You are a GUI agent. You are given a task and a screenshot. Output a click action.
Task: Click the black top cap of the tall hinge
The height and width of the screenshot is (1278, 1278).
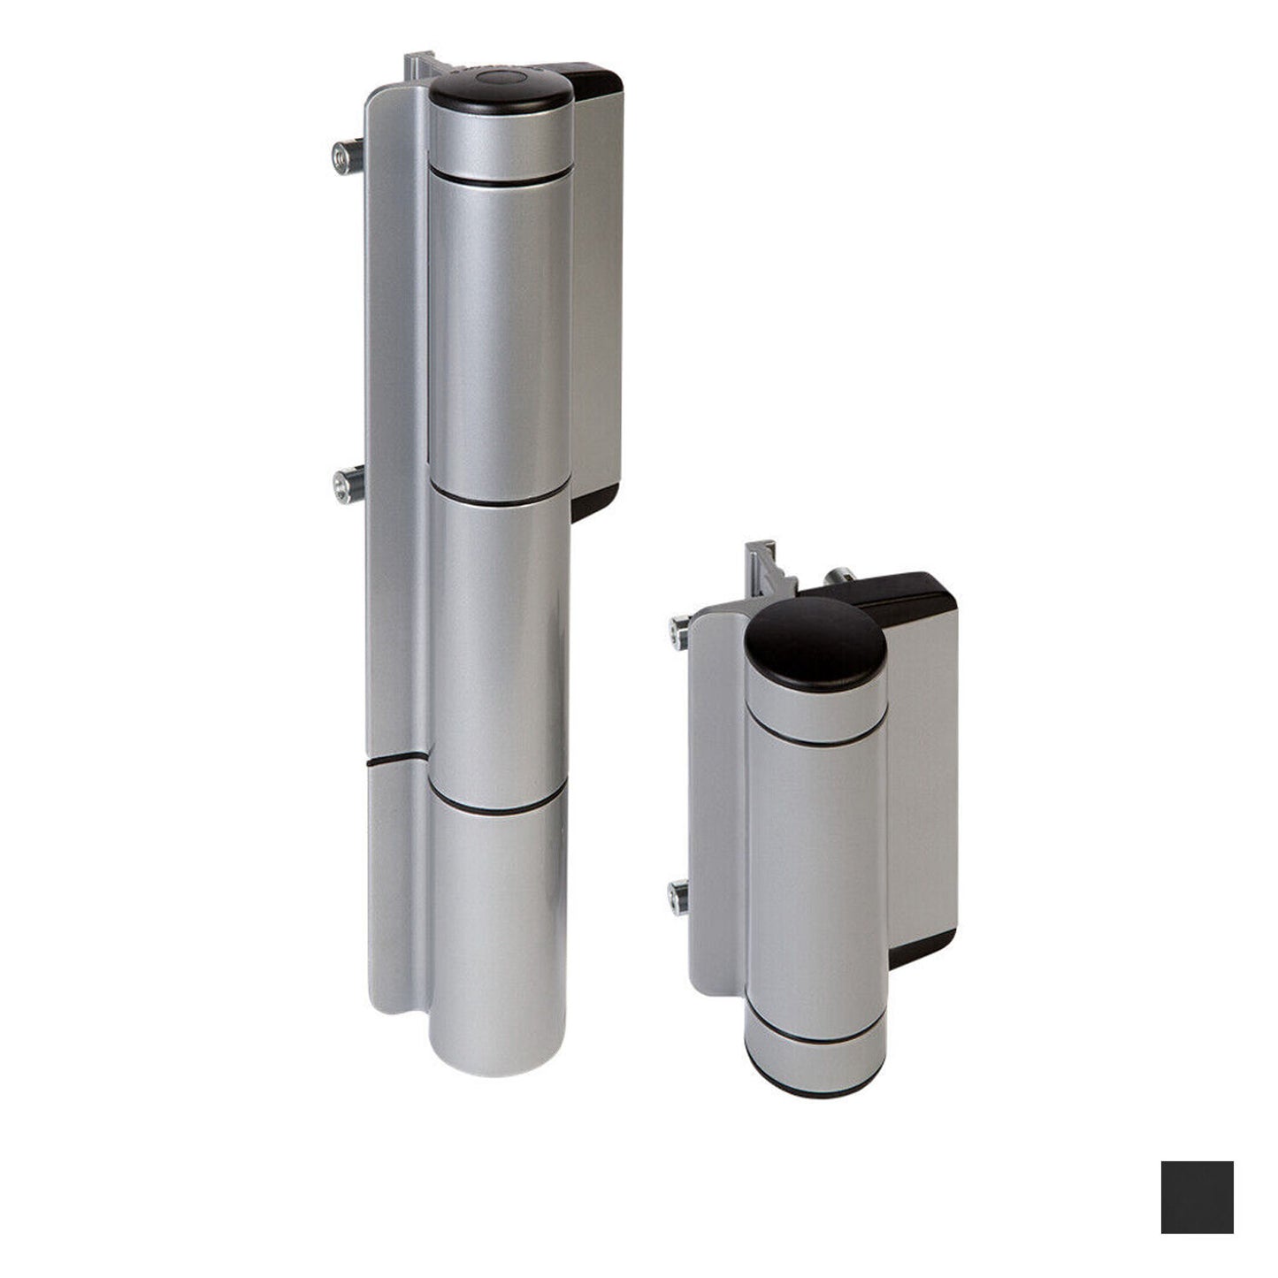[x=501, y=91]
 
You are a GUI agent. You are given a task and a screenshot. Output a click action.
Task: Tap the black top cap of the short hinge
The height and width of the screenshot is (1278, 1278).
[x=815, y=639]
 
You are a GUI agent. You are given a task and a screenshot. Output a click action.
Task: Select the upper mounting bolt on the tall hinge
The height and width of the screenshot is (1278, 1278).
[x=348, y=157]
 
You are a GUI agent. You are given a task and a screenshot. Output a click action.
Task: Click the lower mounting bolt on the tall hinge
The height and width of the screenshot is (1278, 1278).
[x=348, y=485]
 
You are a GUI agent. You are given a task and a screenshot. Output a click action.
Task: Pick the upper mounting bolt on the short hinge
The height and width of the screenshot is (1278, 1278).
[x=679, y=632]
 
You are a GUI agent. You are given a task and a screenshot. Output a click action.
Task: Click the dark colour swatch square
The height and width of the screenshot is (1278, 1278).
[x=1197, y=1197]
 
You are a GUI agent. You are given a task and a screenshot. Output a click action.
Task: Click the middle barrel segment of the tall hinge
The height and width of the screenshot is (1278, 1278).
[x=501, y=646]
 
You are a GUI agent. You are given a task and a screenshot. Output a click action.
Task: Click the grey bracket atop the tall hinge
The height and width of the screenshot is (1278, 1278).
[x=419, y=67]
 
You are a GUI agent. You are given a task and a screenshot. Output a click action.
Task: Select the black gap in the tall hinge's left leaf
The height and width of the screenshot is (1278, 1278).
[x=394, y=759]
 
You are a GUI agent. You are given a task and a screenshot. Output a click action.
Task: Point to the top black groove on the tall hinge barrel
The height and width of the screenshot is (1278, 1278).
[x=501, y=180]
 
